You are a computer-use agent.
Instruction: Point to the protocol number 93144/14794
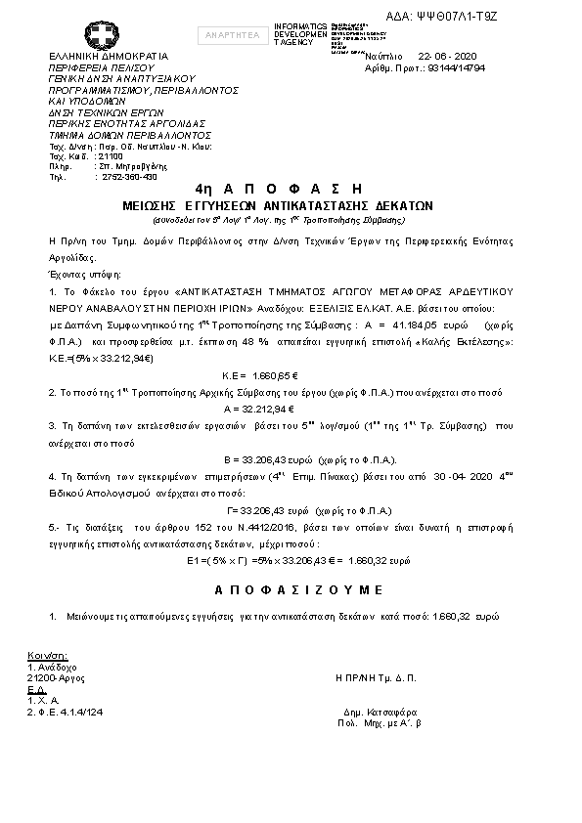[x=467, y=68]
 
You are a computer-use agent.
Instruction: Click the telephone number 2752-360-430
[x=129, y=177]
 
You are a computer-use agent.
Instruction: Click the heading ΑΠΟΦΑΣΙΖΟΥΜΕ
[x=298, y=590]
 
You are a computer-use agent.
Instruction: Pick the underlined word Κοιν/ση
[x=47, y=655]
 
